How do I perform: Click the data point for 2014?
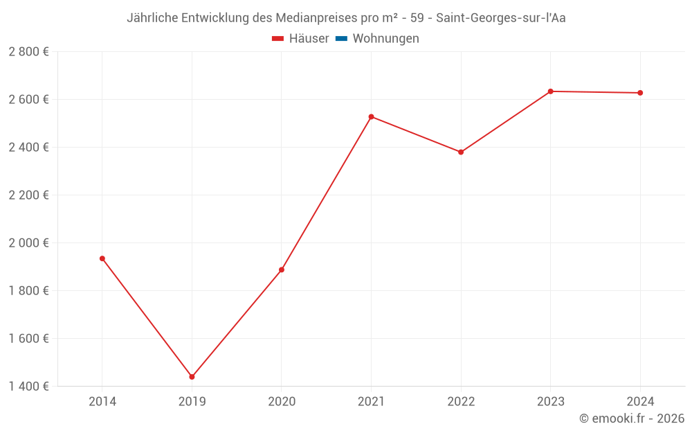102,258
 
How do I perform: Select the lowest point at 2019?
192,377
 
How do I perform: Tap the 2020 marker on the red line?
282,269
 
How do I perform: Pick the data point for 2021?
372,116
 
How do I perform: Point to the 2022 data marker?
461,152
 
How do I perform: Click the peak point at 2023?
551,91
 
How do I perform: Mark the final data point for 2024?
640,93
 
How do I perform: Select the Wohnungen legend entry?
385,39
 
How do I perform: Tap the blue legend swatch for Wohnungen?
341,39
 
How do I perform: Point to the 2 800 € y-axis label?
28,52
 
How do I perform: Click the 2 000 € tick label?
28,243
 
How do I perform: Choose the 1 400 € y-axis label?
28,387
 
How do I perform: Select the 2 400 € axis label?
28,148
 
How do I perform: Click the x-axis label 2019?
192,402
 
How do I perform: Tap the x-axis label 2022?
461,402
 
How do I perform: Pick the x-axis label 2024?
640,402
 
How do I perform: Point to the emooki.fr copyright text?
632,418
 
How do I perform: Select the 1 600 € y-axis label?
28,339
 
